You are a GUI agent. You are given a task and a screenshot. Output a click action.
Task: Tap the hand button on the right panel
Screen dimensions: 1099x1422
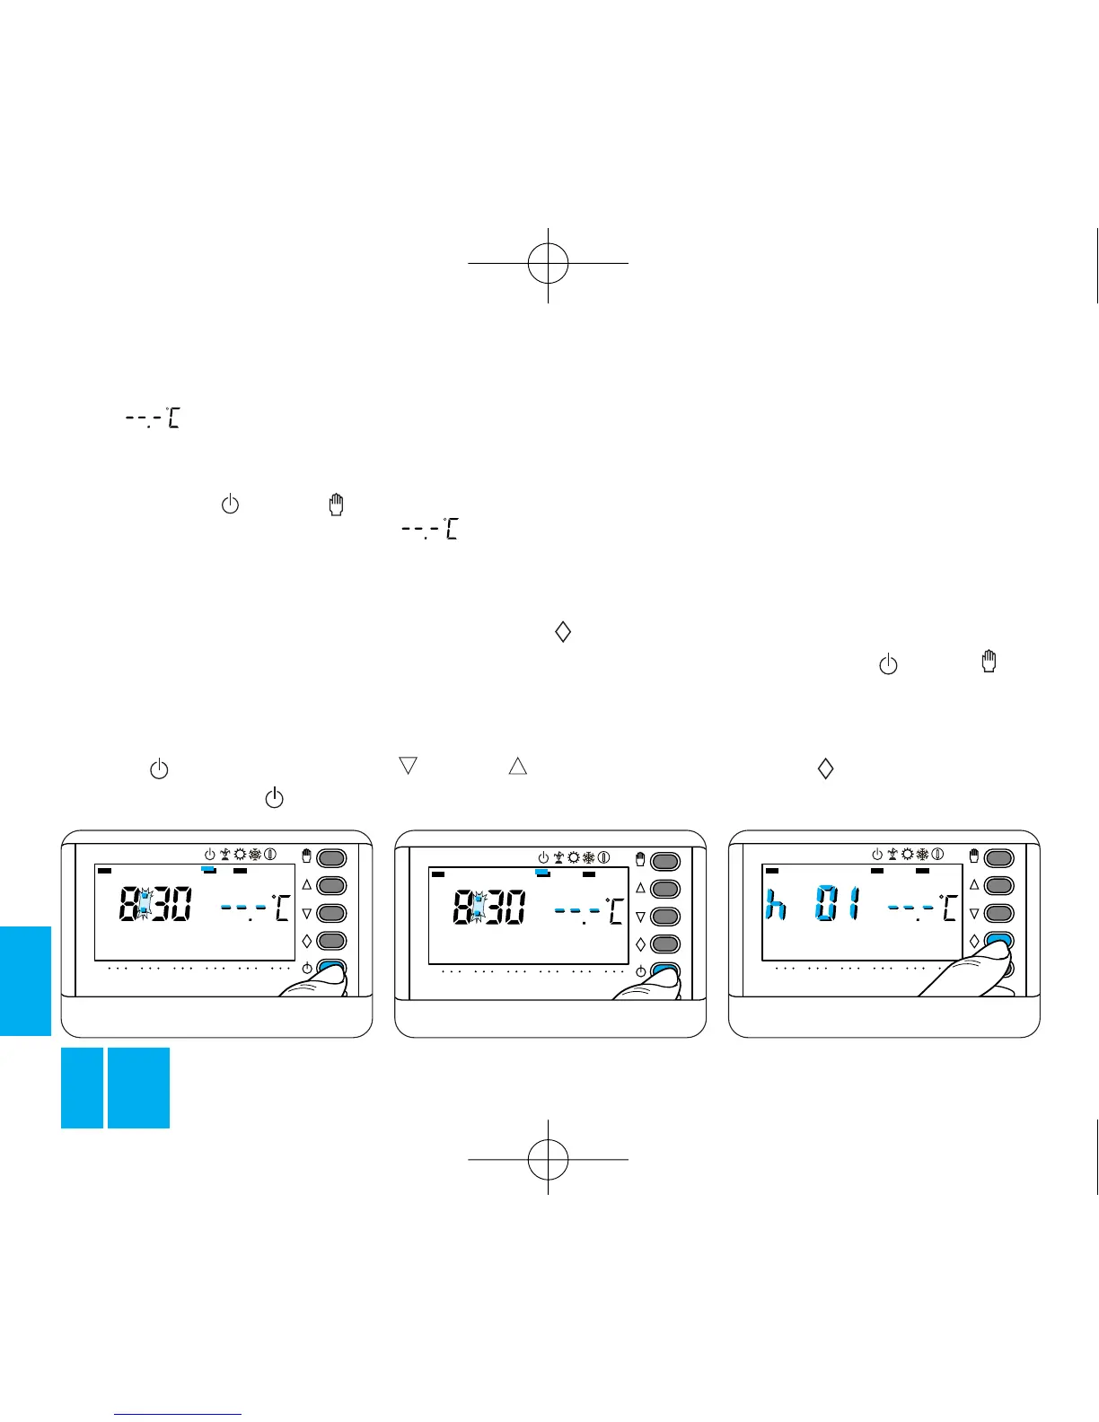999,858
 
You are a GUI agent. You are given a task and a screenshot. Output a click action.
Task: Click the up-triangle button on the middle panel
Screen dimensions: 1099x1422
665,889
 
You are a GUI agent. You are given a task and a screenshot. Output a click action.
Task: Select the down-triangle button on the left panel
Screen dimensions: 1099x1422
331,913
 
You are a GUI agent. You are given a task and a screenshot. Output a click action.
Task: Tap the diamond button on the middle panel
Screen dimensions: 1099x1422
665,944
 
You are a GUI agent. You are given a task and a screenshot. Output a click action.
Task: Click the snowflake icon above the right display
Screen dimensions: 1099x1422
922,854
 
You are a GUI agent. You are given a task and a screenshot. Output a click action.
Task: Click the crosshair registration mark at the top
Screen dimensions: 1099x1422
548,262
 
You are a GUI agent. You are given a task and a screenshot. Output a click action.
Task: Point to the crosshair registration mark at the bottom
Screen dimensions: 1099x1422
548,1159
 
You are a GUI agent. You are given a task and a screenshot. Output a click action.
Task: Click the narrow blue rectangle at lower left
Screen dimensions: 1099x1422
82,1087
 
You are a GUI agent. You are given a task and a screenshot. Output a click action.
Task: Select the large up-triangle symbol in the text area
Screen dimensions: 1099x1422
517,767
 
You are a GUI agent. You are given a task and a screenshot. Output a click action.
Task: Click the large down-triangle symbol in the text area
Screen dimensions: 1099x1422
408,767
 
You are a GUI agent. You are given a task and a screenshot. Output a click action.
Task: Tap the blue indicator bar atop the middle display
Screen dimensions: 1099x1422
542,873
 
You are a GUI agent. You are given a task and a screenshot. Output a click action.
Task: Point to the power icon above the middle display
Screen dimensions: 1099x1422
543,858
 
